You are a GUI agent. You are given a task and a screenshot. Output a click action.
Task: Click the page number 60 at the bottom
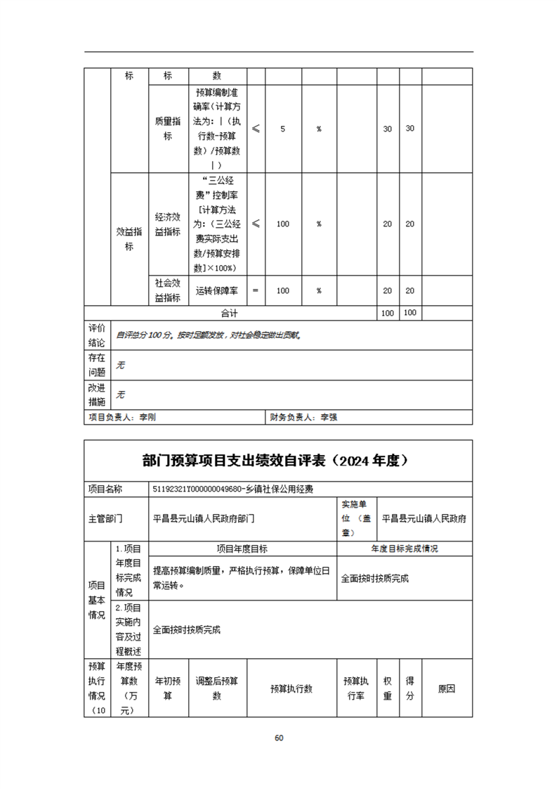tap(279, 738)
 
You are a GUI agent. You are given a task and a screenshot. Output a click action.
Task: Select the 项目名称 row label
tap(105, 489)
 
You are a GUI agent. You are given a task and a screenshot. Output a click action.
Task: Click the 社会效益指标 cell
tap(168, 290)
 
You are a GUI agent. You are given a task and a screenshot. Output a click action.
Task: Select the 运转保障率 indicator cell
tap(217, 290)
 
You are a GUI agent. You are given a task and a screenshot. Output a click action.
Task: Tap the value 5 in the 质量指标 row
tap(282, 129)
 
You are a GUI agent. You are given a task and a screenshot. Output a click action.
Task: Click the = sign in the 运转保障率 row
tap(255, 290)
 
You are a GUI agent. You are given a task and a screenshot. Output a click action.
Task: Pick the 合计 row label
tap(230, 313)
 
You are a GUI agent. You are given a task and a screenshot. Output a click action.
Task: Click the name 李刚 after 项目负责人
tap(148, 417)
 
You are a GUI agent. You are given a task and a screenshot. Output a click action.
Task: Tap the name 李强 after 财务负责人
tap(329, 417)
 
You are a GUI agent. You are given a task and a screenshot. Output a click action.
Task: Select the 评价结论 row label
tap(97, 335)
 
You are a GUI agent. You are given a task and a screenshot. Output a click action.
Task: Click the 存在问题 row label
tap(97, 365)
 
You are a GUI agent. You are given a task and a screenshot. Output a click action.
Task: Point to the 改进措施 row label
tap(97, 394)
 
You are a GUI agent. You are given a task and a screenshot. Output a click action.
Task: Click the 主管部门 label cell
tap(105, 519)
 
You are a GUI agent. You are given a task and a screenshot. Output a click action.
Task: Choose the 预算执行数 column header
tap(291, 688)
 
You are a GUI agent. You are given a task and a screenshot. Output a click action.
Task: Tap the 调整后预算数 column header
tap(217, 688)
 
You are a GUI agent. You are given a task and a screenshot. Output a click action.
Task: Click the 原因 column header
tap(447, 688)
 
